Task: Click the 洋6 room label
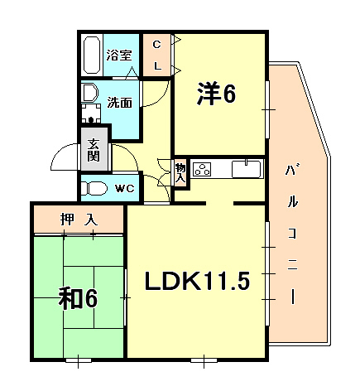tap(216, 94)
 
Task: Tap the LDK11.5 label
tap(197, 282)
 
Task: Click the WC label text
tap(124, 188)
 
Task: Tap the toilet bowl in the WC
tap(93, 188)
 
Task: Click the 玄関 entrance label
tap(94, 149)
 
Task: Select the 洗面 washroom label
tap(120, 103)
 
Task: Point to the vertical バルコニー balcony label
tap(293, 232)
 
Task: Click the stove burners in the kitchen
tap(202, 170)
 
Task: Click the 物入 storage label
tap(180, 172)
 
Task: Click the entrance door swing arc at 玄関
tap(62, 155)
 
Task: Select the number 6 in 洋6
tap(228, 94)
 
